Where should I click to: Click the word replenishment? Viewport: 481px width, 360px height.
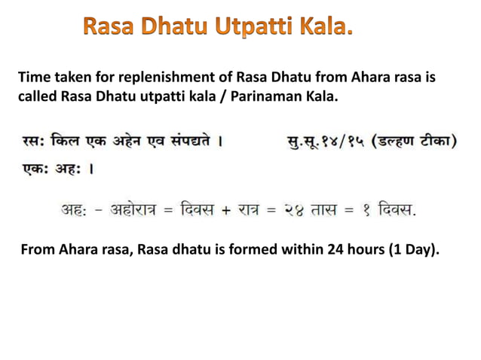coord(141,77)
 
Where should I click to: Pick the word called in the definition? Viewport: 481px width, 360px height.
coord(38,97)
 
